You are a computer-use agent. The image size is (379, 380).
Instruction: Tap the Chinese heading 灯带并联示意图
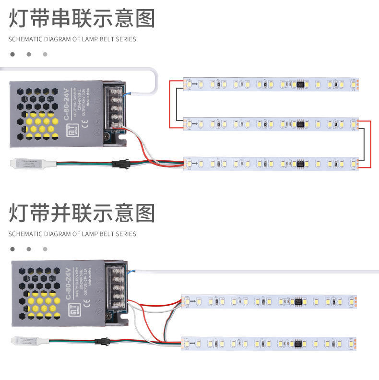(82, 213)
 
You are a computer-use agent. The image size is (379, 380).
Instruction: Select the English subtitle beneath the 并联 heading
(72, 234)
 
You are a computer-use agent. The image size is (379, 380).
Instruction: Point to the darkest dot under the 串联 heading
(12, 54)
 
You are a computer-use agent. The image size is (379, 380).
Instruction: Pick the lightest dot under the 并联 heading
(45, 249)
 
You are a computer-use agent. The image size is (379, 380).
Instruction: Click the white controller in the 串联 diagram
(32, 163)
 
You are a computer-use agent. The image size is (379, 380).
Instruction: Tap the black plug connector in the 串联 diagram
(120, 164)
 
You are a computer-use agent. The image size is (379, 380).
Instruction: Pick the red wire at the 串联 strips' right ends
(370, 144)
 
